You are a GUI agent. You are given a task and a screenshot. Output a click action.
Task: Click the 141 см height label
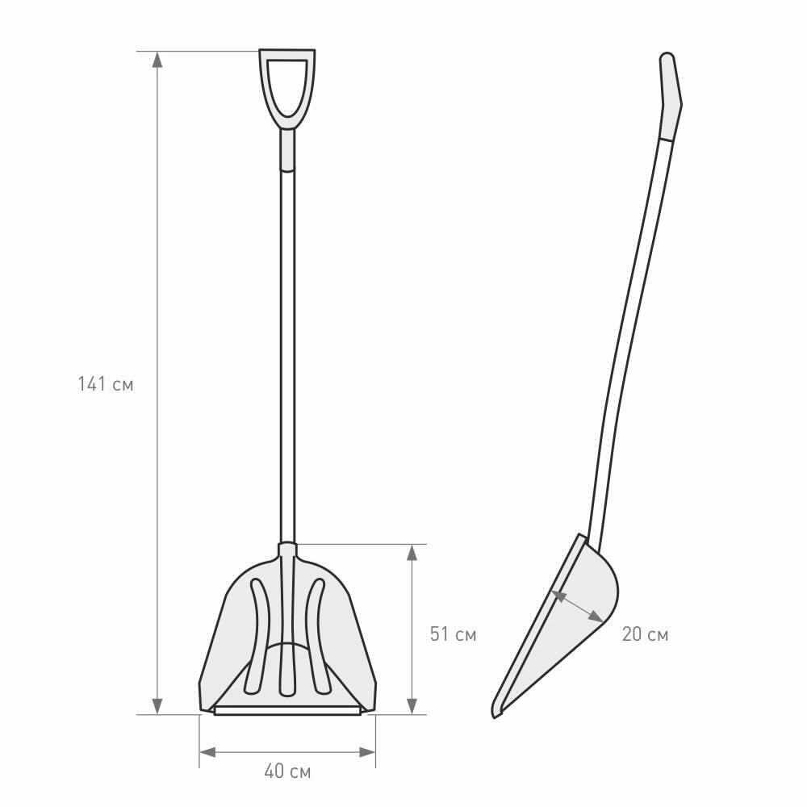[x=106, y=384]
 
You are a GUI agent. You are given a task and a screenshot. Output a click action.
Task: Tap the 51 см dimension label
[x=453, y=634]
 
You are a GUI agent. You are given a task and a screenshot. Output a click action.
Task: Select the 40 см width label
[x=287, y=771]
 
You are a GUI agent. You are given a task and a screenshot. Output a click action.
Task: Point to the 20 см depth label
[x=645, y=634]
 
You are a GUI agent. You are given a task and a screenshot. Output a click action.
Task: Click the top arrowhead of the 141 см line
[x=157, y=60]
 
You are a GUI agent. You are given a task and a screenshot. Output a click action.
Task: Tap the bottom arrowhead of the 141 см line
[x=157, y=706]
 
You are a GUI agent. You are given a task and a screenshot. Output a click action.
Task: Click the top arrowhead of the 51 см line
[x=412, y=552]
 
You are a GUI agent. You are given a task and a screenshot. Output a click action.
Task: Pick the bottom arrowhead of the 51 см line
[x=412, y=706]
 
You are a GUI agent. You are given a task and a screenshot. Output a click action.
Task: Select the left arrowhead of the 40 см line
[x=207, y=752]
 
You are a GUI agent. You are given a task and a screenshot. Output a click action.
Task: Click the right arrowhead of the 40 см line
[x=367, y=752]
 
